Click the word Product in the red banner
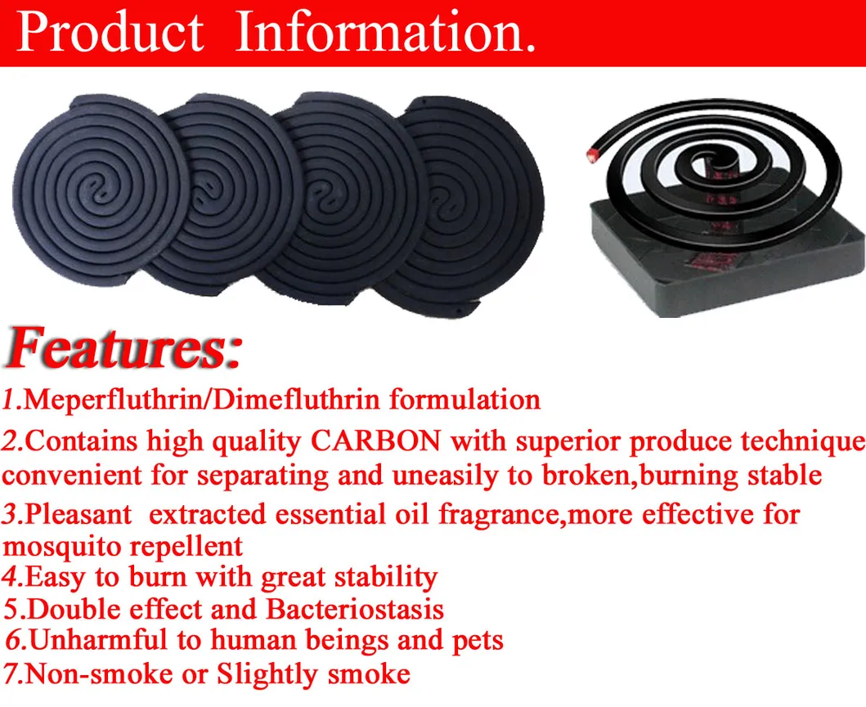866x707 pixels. pos(110,32)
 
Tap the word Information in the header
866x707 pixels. pos(385,32)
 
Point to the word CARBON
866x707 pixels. pos(376,441)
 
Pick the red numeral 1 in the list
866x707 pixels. pos(9,400)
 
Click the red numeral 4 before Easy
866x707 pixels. pos(11,577)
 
